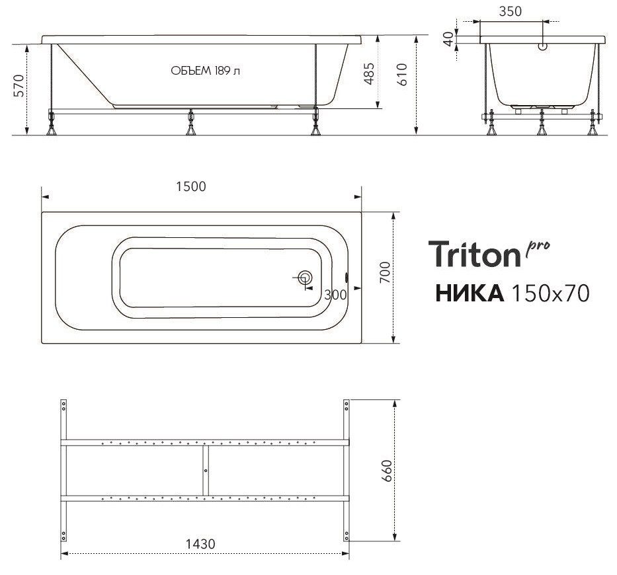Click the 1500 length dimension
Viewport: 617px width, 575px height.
pyautogui.click(x=191, y=186)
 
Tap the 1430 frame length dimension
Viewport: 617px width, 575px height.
pyautogui.click(x=200, y=543)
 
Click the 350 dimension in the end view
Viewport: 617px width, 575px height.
pyautogui.click(x=511, y=11)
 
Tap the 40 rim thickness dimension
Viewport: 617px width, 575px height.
pyautogui.click(x=449, y=38)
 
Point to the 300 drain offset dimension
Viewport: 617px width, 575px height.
pyautogui.click(x=336, y=295)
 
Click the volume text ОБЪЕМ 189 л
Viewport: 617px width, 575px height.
pyautogui.click(x=205, y=71)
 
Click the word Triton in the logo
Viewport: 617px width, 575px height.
pyautogui.click(x=474, y=254)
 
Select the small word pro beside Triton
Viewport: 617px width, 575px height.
pyautogui.click(x=538, y=247)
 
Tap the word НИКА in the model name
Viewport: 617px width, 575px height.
pyautogui.click(x=469, y=293)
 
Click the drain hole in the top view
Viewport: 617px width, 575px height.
pyautogui.click(x=305, y=278)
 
